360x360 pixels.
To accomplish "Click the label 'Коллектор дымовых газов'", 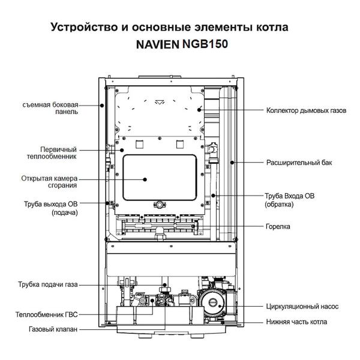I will pyautogui.click(x=306, y=110).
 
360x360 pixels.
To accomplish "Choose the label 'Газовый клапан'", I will pyautogui.click(x=53, y=329).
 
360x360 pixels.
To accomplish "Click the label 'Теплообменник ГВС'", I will pyautogui.click(x=46, y=314).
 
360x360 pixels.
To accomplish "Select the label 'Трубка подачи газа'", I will pyautogui.click(x=47, y=284).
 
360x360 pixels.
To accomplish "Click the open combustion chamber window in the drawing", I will pyautogui.click(x=160, y=178).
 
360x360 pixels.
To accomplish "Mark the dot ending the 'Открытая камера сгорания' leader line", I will pyautogui.click(x=145, y=178).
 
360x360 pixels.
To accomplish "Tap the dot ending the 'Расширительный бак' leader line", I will pyautogui.click(x=232, y=162).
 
